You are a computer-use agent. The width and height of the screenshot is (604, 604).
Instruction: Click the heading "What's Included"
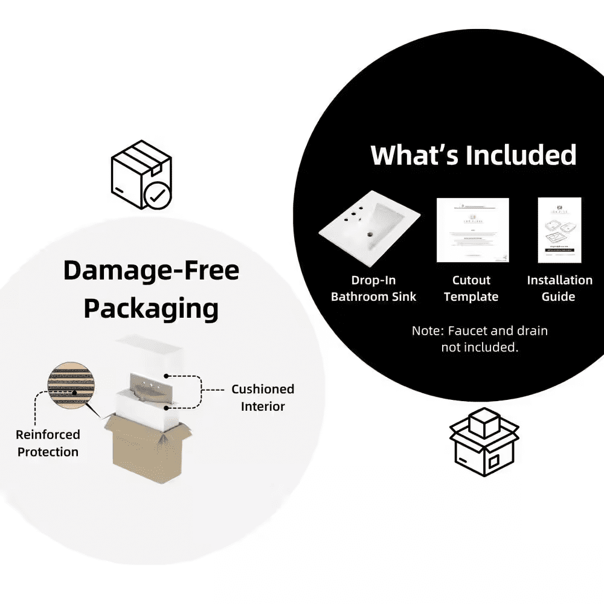pyautogui.click(x=474, y=155)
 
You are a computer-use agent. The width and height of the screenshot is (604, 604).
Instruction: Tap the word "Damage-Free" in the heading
pyautogui.click(x=151, y=271)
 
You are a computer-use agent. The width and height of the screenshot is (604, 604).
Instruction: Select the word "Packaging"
pyautogui.click(x=151, y=309)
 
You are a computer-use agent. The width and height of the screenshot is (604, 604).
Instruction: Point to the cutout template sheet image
pyautogui.click(x=472, y=230)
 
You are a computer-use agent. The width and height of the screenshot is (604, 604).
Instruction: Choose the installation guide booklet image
pyautogui.click(x=559, y=230)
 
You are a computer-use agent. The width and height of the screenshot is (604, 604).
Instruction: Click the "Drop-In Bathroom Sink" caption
pyautogui.click(x=374, y=288)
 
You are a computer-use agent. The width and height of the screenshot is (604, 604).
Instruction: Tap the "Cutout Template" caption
pyautogui.click(x=471, y=288)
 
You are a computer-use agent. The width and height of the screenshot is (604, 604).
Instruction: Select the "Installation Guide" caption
pyautogui.click(x=559, y=288)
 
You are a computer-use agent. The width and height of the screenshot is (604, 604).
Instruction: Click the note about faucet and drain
pyautogui.click(x=480, y=339)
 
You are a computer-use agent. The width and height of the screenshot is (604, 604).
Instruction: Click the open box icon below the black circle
pyautogui.click(x=484, y=447)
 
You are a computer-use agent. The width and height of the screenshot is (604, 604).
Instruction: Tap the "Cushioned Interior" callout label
pyautogui.click(x=263, y=397)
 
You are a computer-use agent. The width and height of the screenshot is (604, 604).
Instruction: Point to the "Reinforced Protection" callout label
pyautogui.click(x=48, y=443)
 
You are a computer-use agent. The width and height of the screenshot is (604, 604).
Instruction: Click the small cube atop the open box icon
pyautogui.click(x=484, y=422)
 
